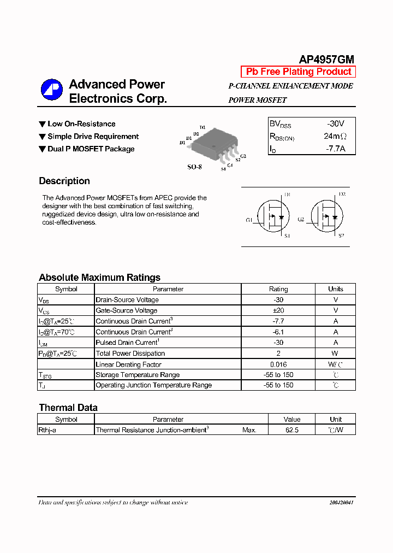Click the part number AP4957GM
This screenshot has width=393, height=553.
[326, 60]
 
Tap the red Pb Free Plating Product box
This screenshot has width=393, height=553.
[299, 72]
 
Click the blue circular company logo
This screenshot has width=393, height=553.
[52, 90]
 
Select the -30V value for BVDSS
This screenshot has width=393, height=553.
[335, 124]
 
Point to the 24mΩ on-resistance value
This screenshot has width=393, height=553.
[335, 136]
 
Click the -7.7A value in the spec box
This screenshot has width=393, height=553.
[335, 148]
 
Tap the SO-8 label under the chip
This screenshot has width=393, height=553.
[195, 167]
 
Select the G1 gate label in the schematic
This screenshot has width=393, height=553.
[249, 220]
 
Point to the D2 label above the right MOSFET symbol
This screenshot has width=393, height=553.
[342, 194]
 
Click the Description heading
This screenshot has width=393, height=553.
[64, 181]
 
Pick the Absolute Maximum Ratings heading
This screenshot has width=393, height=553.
[99, 278]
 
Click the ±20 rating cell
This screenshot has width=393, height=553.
[278, 310]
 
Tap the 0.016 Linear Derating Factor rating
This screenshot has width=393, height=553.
[278, 364]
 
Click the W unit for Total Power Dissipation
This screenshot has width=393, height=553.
[336, 354]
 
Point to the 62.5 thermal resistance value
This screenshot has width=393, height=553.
[292, 430]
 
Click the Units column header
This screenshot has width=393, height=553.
[336, 289]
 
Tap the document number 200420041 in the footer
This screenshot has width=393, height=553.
[342, 502]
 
